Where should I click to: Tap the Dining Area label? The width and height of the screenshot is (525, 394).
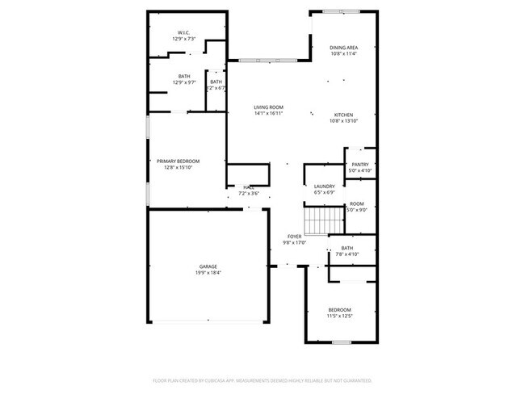pos(343,48)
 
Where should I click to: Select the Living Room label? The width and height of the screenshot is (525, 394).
pos(268,107)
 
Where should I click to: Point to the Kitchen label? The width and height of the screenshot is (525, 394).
pos(343,115)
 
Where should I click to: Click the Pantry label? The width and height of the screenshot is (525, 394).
pos(359,164)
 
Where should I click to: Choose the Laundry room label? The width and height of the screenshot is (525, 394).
pos(324,187)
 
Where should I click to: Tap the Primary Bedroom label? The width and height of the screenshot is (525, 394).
pos(178,161)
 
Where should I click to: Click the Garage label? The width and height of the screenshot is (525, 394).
pos(208,266)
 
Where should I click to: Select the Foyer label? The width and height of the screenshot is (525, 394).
pos(294,236)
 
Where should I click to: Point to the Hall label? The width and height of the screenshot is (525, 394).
pos(249,187)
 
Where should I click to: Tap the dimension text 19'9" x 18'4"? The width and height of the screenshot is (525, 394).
pos(208,273)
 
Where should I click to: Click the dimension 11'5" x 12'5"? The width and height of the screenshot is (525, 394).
pos(339,316)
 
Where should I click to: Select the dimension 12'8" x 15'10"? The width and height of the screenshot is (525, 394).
pos(178,168)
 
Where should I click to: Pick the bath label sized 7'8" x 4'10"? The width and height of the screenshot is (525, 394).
pos(347,248)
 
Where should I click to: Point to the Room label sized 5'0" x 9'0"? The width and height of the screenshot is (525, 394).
pos(356,203)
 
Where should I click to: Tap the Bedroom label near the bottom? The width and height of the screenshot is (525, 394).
pos(339,310)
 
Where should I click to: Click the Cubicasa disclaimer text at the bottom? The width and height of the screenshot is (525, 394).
pos(262,380)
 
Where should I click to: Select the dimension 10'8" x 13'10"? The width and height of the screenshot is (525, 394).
pos(343,121)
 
